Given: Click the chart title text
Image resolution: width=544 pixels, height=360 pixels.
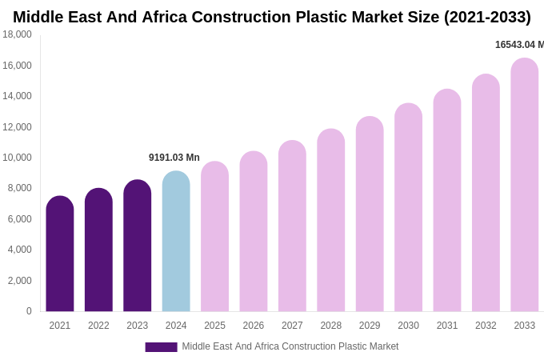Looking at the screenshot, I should click(x=272, y=17).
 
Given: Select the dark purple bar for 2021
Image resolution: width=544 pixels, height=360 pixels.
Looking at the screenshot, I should click(x=60, y=254).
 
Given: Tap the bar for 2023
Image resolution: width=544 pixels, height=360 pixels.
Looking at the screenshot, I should click(x=137, y=246).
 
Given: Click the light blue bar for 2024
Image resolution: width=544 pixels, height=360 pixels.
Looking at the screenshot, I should click(x=176, y=242).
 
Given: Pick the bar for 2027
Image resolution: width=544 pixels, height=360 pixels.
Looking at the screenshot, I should click(x=292, y=226).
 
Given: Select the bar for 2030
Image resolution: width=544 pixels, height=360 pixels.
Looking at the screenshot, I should click(x=408, y=208).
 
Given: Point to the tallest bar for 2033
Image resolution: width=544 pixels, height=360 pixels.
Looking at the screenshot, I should click(x=525, y=186).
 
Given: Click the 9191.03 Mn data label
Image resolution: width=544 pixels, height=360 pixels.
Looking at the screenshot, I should click(x=174, y=158).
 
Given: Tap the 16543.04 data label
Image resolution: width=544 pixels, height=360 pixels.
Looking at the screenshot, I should click(x=519, y=45).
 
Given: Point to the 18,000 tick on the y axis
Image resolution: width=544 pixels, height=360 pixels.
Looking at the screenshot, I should click(x=18, y=34).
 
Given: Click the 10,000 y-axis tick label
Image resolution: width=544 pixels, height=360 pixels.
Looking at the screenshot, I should click(x=18, y=158).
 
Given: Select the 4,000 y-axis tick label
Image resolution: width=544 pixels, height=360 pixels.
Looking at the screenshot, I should click(x=20, y=250).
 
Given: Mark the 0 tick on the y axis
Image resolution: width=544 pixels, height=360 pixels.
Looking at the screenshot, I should click(x=29, y=311).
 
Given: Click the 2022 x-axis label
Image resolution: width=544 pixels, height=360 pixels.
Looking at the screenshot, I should click(x=98, y=326).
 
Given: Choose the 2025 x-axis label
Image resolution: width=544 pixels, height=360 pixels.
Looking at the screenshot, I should click(x=214, y=326).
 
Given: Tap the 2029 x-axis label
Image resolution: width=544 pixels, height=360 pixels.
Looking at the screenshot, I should click(x=370, y=326).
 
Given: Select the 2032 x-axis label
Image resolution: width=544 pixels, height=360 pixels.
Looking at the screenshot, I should click(x=486, y=326).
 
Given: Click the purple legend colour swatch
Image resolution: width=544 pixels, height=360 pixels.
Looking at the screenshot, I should click(x=161, y=347).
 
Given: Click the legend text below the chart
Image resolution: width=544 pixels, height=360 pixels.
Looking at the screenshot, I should click(x=290, y=346).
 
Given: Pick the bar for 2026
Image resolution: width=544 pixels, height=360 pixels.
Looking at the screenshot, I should click(x=254, y=232).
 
